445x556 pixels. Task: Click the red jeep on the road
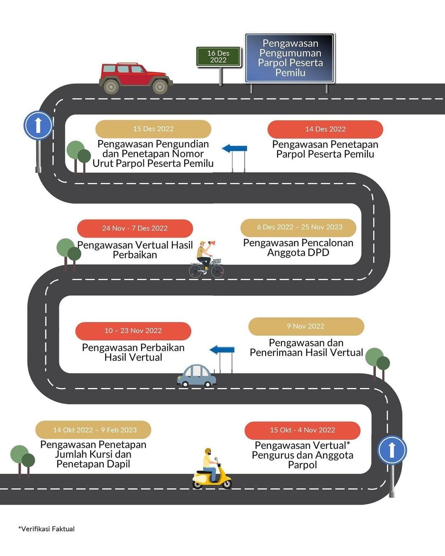tap(135, 78)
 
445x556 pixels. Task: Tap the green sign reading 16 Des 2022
tap(218, 57)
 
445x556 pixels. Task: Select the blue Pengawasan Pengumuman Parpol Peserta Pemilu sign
tap(290, 58)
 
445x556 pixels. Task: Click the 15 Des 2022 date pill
tap(153, 129)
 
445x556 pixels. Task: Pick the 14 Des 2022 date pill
tap(325, 129)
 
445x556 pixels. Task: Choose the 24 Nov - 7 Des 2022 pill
tap(135, 228)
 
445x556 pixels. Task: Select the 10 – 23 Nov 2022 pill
tap(133, 331)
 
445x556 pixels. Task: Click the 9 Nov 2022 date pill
tap(306, 326)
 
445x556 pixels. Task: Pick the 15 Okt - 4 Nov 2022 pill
tap(302, 430)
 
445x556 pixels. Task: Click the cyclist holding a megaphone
tap(206, 259)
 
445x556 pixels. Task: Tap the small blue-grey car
tap(197, 376)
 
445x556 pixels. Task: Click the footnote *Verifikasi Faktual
tap(47, 529)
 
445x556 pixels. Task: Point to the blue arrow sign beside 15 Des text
tap(235, 149)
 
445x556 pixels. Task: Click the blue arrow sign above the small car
tap(222, 350)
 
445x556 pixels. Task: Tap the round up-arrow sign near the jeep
tap(38, 125)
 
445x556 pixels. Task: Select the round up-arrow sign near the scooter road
tap(392, 450)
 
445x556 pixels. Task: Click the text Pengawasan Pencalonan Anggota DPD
tap(298, 248)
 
